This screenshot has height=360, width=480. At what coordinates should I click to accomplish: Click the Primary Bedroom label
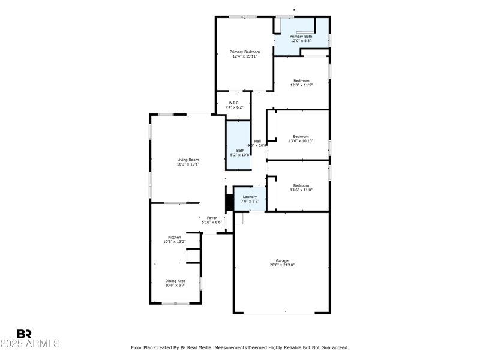coord(245,52)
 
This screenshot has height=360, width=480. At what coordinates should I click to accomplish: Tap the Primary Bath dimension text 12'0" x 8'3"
coord(301,41)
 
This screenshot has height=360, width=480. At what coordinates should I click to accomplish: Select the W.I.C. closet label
coord(233,103)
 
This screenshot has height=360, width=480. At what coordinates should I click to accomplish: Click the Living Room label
coord(188,160)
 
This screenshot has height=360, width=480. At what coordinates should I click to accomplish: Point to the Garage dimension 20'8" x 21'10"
coord(282,265)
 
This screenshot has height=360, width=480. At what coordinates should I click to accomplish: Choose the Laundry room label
coord(250,196)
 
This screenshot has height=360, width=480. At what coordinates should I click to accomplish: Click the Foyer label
coord(212,218)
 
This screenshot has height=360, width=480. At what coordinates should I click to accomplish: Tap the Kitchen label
coord(175,237)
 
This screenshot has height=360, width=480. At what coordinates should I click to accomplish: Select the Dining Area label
coord(175,281)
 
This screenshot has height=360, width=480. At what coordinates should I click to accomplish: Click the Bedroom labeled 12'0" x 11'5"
coord(301,81)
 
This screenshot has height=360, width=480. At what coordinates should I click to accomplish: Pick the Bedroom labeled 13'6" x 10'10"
coord(301,136)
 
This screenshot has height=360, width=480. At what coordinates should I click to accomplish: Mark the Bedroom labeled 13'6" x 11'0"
coord(301,185)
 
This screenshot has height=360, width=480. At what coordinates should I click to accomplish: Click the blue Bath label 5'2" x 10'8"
coord(240,150)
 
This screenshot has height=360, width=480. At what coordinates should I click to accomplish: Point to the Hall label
coord(257,141)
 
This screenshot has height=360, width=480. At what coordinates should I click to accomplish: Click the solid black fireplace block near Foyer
coord(229,203)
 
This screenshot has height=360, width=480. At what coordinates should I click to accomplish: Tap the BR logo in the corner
coord(24,334)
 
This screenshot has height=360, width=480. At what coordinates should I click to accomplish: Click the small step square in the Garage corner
coord(239,219)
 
